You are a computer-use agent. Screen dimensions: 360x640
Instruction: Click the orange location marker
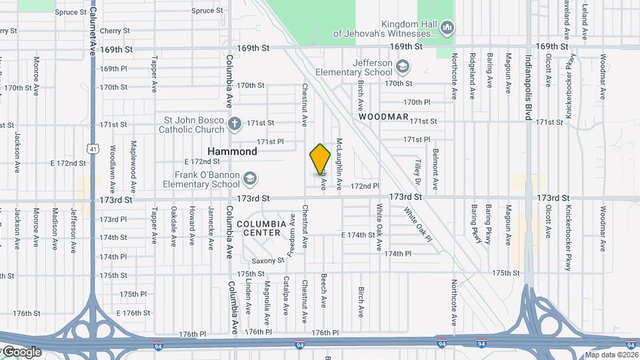click(x=321, y=160)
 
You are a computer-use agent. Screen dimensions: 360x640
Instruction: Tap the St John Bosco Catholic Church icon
click(x=234, y=123)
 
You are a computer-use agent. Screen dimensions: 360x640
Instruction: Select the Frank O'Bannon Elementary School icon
click(x=249, y=178)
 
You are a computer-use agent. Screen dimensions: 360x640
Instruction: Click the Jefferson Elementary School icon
click(x=402, y=67)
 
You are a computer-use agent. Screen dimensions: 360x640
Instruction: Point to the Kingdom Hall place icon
click(x=447, y=27)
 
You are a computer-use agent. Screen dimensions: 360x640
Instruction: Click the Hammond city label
click(x=232, y=151)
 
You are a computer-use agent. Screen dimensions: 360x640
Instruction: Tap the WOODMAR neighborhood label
click(x=383, y=117)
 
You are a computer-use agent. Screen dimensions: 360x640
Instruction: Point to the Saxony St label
click(x=269, y=260)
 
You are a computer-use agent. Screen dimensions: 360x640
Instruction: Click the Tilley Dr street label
click(x=418, y=172)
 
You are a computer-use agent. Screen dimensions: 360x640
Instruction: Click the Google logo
click(x=21, y=352)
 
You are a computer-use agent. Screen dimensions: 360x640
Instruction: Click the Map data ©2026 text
click(x=611, y=355)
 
